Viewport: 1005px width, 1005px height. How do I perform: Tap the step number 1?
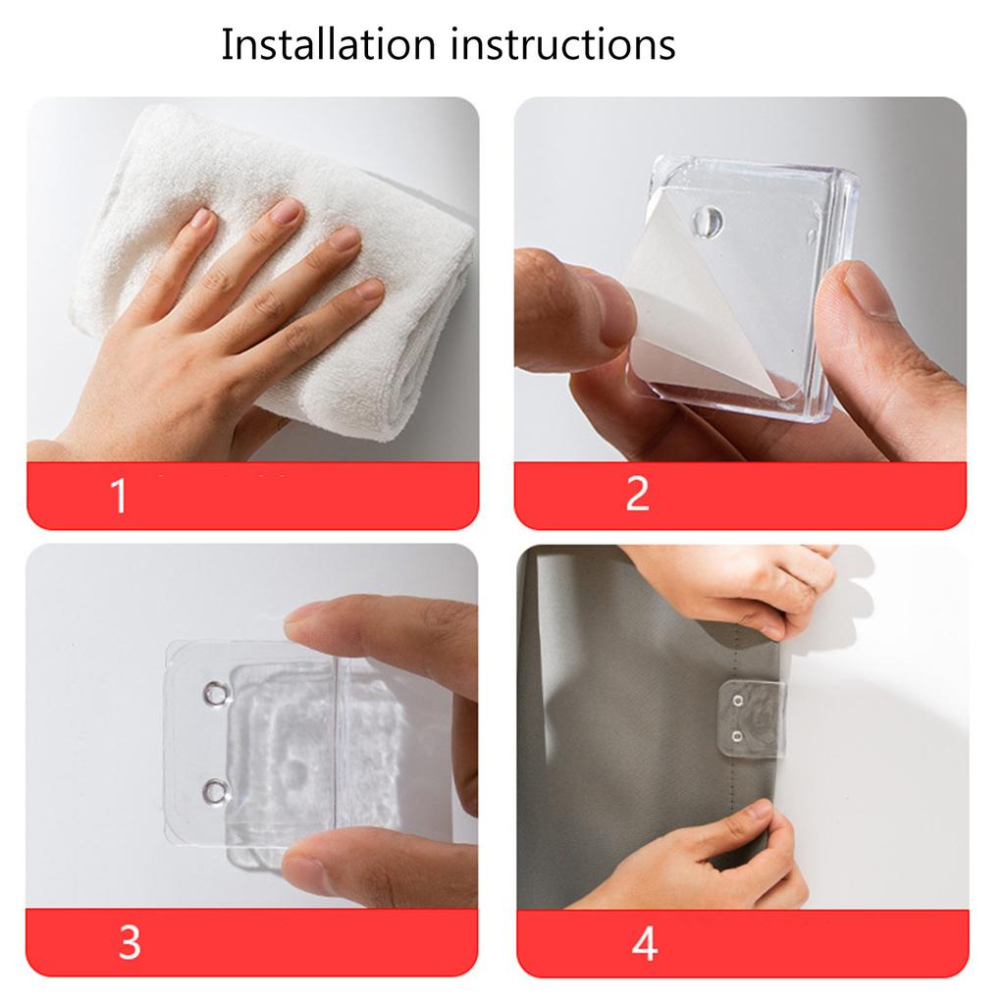tap(119, 496)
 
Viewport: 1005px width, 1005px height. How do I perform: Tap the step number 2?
tap(637, 494)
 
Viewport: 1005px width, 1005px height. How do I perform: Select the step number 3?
tap(130, 942)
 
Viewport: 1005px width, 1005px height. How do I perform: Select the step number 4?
tap(644, 943)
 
